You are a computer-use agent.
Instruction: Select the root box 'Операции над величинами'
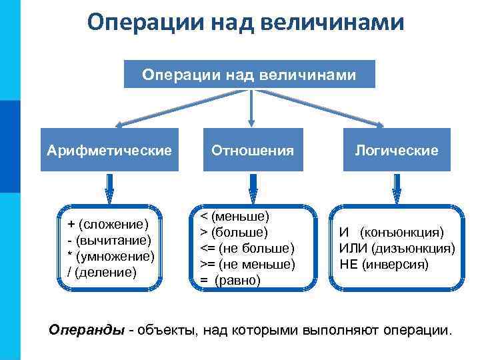249,74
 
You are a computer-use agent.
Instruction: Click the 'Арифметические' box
109,150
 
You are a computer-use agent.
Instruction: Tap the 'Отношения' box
252,150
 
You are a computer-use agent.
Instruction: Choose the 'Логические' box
396,150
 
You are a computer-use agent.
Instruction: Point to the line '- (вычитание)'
109,239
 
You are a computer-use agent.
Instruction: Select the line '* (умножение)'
111,255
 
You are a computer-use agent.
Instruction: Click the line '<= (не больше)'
247,248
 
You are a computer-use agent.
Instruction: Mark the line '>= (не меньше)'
247,264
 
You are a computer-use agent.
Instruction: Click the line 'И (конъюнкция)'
391,233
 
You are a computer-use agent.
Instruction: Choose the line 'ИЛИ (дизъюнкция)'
397,249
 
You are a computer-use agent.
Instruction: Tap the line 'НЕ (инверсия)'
385,264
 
